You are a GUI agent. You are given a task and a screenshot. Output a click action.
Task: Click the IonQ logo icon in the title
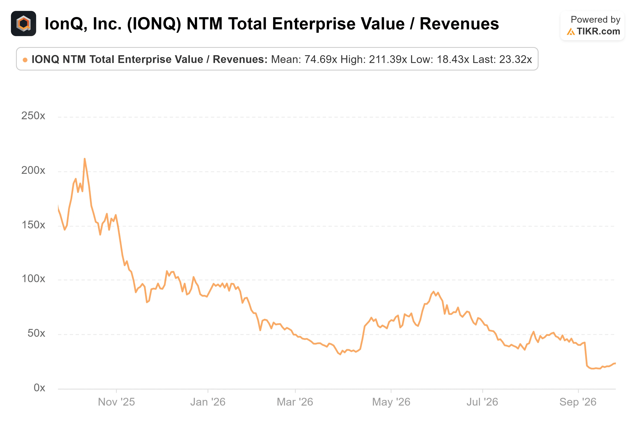click(x=24, y=24)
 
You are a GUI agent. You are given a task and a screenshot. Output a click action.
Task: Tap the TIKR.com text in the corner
click(x=598, y=31)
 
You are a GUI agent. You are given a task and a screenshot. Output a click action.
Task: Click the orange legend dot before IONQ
click(x=25, y=60)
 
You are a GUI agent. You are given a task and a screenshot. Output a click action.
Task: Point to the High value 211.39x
click(x=388, y=59)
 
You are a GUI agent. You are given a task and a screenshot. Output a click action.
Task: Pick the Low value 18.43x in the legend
click(x=453, y=59)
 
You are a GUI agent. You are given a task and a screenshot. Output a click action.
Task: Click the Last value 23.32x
click(x=515, y=59)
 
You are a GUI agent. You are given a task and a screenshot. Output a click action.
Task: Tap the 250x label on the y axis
click(x=33, y=116)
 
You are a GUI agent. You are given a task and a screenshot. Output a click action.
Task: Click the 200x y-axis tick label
click(x=33, y=170)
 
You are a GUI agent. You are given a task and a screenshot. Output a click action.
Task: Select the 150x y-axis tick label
click(x=33, y=225)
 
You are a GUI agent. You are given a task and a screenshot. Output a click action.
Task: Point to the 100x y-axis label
click(x=33, y=279)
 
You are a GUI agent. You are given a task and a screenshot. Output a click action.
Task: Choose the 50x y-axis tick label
click(x=36, y=333)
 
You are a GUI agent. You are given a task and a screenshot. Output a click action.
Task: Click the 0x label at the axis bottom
click(x=39, y=388)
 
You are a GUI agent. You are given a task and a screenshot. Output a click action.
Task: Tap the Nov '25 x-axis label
click(x=116, y=402)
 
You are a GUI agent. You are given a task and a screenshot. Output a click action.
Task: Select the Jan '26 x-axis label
click(x=208, y=402)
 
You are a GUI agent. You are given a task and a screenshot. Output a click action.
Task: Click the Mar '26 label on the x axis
click(x=295, y=402)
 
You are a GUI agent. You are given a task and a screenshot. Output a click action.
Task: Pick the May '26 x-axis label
click(x=391, y=402)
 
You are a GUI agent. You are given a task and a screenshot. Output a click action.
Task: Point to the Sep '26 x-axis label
click(x=578, y=402)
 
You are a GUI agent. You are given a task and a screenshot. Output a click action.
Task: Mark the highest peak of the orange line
click(x=85, y=159)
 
